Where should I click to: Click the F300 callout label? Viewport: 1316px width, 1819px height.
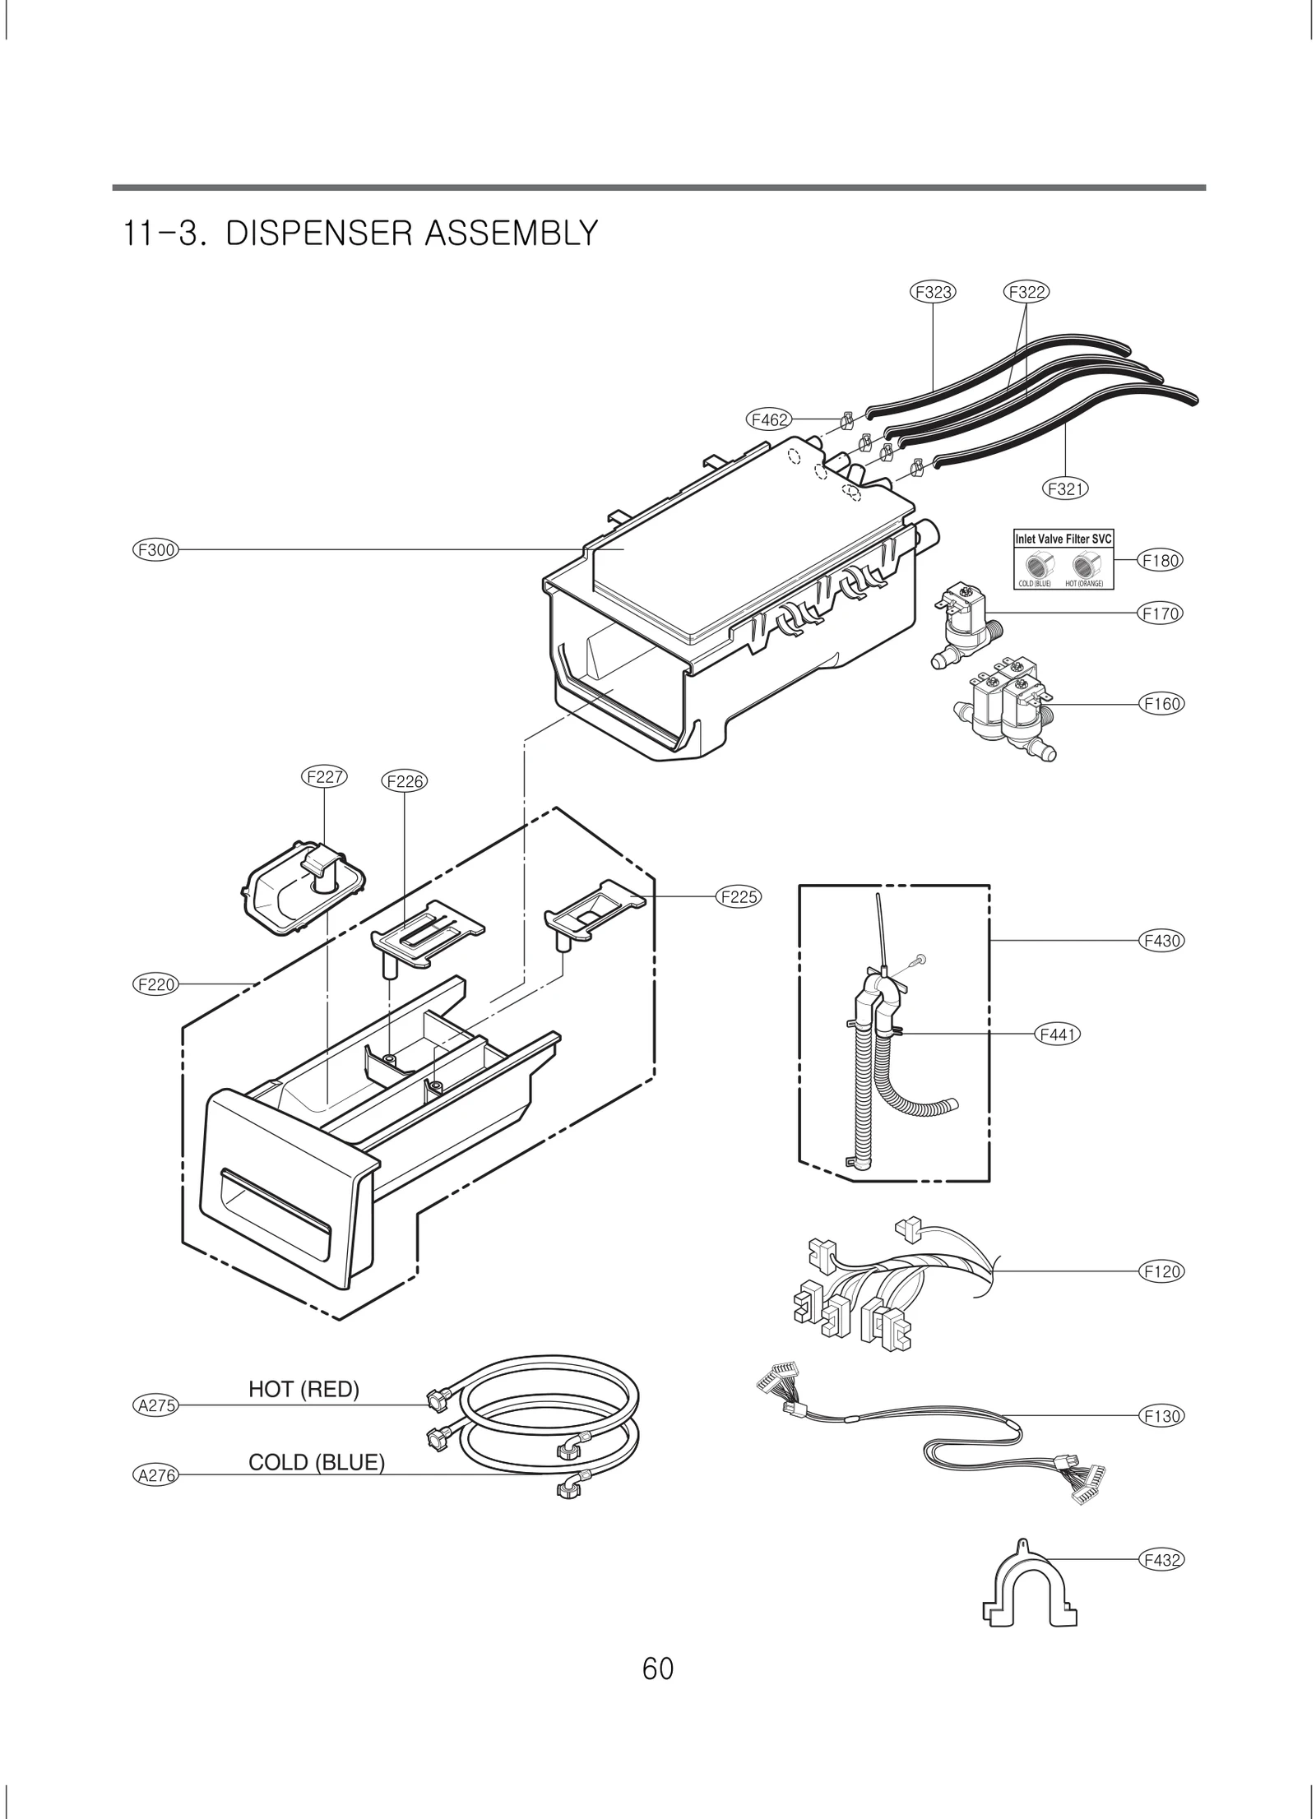tap(155, 549)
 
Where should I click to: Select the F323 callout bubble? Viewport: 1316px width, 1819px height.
tap(934, 292)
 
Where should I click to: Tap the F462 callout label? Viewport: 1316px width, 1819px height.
tap(770, 419)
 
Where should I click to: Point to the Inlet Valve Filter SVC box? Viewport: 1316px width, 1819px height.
tap(1063, 560)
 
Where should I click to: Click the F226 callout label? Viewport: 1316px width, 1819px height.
tap(405, 781)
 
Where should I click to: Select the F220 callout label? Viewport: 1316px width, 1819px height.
tap(155, 984)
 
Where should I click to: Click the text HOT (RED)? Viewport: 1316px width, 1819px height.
tap(304, 1389)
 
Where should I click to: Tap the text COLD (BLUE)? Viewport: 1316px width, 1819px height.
tap(316, 1462)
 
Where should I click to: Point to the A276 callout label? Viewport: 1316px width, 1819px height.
tap(155, 1475)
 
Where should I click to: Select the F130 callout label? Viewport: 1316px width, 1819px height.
tap(1161, 1415)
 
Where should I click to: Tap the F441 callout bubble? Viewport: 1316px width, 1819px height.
tap(1057, 1035)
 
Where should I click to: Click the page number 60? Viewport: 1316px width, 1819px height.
tap(658, 1669)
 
